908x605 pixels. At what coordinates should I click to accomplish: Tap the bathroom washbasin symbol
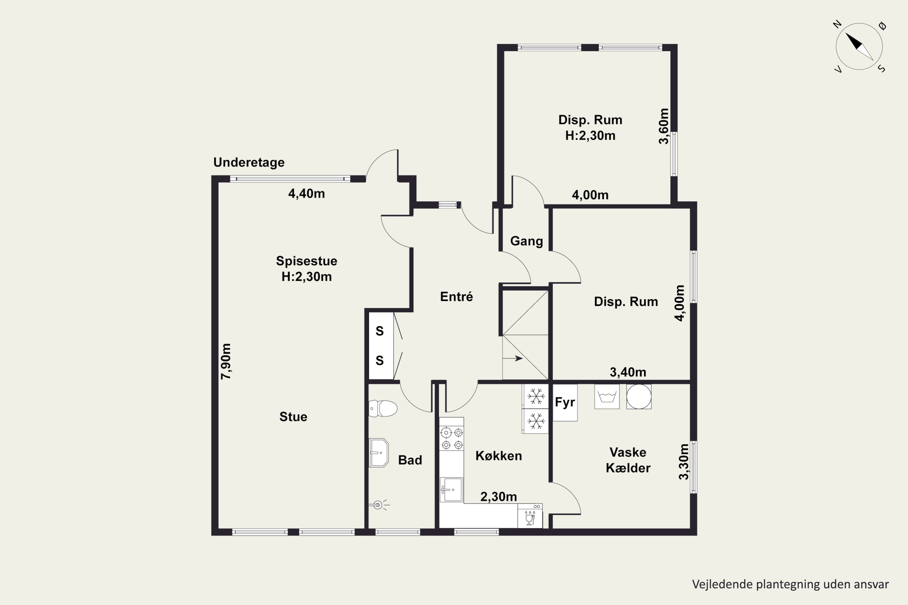coord(378,453)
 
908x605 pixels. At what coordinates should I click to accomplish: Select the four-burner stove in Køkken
coord(452,439)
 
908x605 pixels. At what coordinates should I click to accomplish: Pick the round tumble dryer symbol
coord(639,396)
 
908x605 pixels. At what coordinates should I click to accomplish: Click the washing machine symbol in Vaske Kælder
coord(607,396)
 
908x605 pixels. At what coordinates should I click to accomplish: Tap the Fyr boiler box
coord(565,402)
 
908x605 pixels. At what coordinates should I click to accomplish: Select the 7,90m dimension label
coord(226,361)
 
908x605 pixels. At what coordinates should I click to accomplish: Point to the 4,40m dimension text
coord(307,193)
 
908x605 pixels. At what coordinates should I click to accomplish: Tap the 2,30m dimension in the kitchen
coord(498,497)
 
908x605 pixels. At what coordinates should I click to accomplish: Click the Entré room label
coord(456,296)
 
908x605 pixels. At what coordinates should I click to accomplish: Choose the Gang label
coord(527,241)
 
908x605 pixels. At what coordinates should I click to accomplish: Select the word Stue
coord(293,417)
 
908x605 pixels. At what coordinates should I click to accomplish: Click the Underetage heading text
coord(249,162)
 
